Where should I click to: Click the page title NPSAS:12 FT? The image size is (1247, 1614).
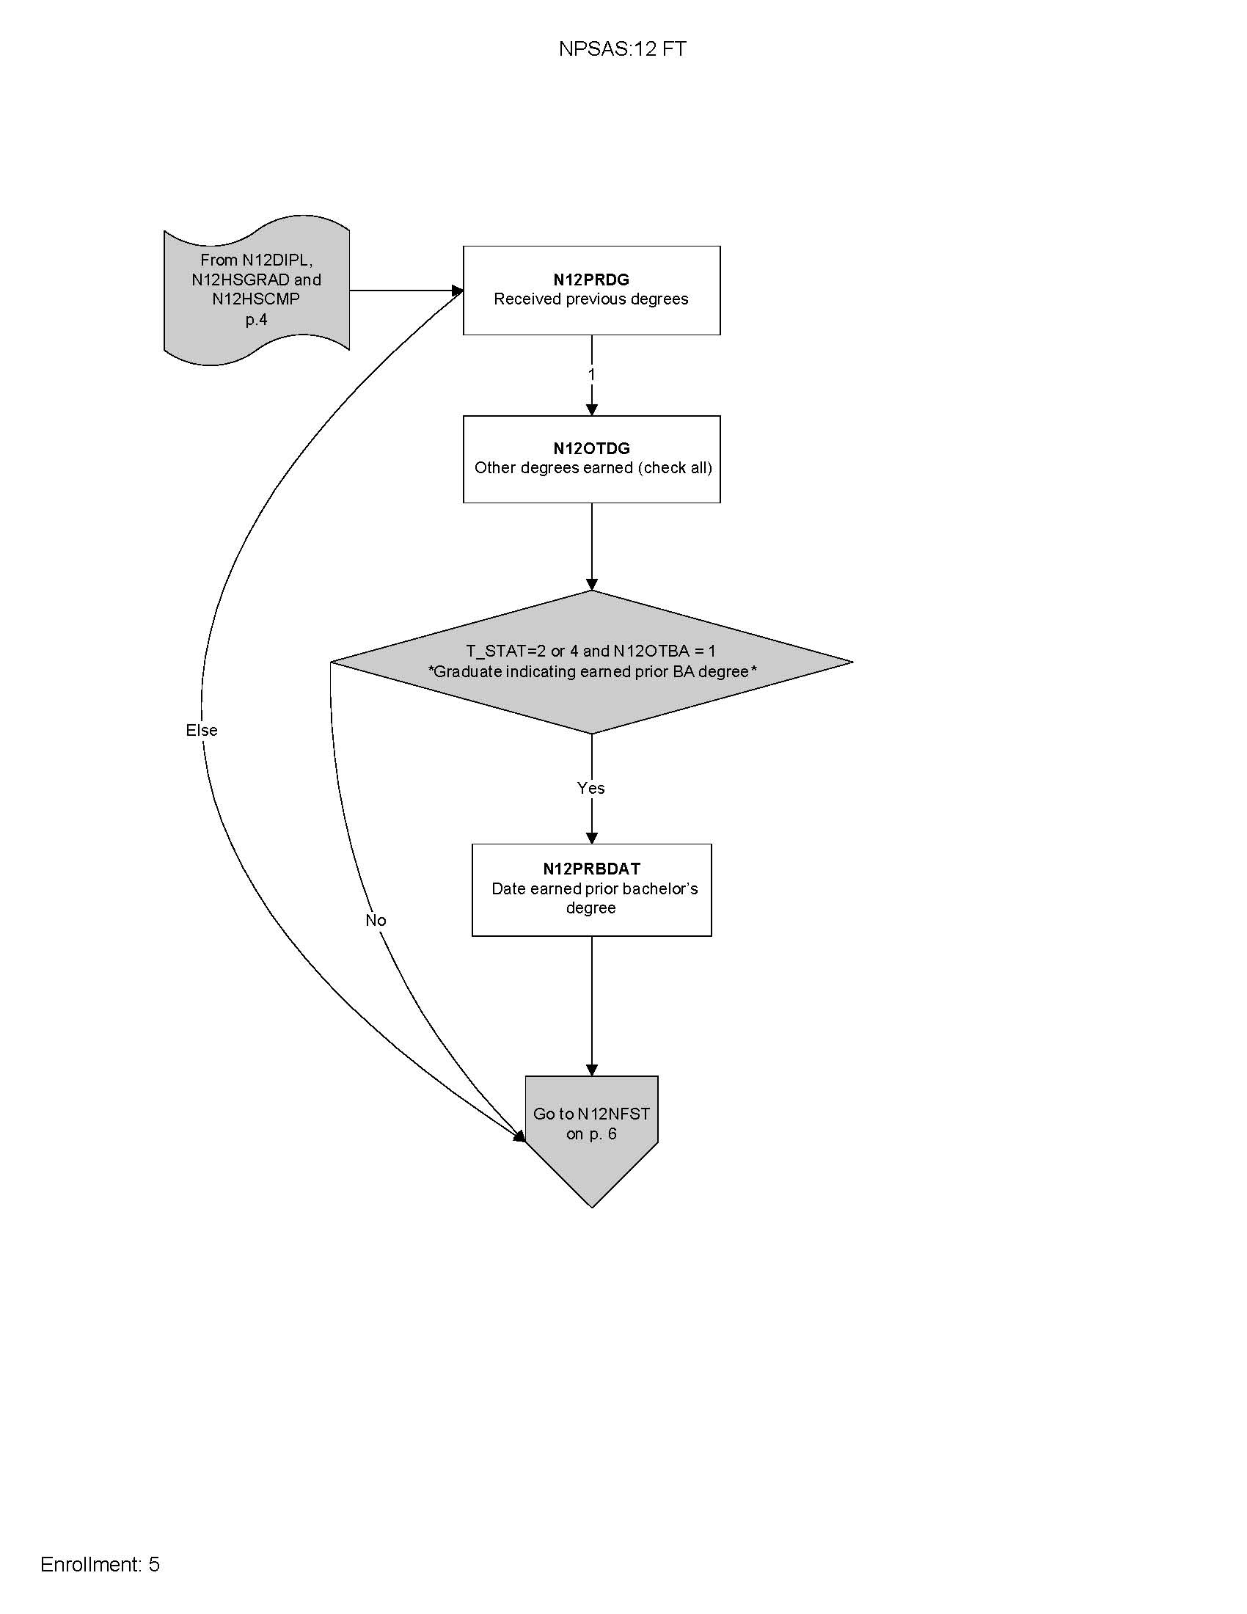[622, 48]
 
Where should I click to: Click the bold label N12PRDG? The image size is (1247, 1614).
[591, 280]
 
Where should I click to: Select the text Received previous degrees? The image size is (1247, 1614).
[591, 299]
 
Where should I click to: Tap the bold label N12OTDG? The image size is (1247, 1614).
[591, 448]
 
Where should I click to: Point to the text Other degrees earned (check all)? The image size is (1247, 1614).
[593, 468]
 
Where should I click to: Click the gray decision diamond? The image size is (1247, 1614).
[591, 702]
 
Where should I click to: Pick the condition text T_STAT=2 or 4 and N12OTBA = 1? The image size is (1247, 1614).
[591, 651]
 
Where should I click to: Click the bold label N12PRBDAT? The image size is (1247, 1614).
[591, 869]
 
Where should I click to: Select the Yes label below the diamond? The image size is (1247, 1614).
[590, 788]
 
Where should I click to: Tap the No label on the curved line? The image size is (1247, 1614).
[376, 920]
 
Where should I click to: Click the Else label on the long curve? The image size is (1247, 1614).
[202, 730]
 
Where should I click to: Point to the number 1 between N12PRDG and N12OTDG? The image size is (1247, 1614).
[591, 375]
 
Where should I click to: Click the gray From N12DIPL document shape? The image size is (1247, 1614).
[256, 290]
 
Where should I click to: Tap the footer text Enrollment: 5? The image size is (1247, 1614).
[100, 1565]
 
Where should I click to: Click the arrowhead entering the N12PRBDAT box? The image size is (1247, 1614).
[591, 838]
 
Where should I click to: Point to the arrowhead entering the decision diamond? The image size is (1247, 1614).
[591, 585]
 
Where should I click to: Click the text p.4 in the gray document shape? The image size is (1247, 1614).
[256, 319]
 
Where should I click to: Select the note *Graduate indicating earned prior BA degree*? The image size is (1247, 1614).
[593, 672]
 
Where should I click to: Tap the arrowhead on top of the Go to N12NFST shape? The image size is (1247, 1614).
[591, 1070]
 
